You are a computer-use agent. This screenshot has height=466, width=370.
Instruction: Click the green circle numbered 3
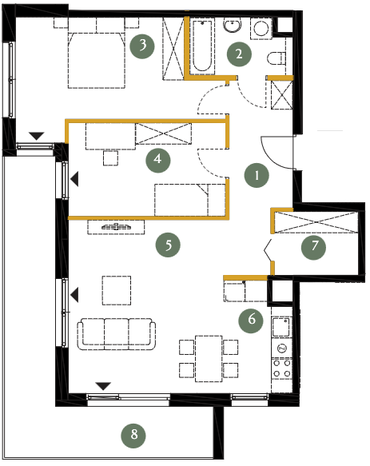click(x=142, y=46)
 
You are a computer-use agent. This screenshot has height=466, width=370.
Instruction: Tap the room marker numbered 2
click(x=239, y=54)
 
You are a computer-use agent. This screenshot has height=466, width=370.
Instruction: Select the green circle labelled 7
click(x=313, y=247)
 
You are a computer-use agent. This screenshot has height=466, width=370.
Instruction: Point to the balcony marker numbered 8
click(x=133, y=436)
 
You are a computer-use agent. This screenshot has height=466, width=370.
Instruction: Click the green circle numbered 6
click(x=251, y=321)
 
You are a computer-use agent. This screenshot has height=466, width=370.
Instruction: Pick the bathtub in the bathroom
click(x=202, y=46)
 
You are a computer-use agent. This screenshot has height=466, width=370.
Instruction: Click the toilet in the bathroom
click(x=277, y=58)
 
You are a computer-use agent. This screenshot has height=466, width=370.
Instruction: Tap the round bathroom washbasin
click(x=232, y=25)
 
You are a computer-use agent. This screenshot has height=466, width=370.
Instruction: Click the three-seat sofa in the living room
click(x=117, y=334)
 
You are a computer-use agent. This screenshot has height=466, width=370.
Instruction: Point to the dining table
click(x=209, y=359)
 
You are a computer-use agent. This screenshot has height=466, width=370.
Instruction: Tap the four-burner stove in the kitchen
click(x=282, y=368)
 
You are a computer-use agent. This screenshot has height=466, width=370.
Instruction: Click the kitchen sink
click(x=281, y=327)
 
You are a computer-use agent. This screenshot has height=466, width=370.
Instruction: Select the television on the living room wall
click(x=116, y=227)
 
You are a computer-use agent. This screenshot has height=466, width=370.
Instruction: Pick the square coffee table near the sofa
click(x=117, y=290)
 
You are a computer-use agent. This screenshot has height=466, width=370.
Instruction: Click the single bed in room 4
click(x=190, y=200)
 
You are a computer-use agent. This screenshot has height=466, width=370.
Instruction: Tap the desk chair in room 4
click(x=110, y=158)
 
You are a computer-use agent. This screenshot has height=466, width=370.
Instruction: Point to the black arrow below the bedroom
click(x=37, y=136)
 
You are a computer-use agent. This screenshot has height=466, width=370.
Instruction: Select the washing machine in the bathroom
click(x=261, y=29)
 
